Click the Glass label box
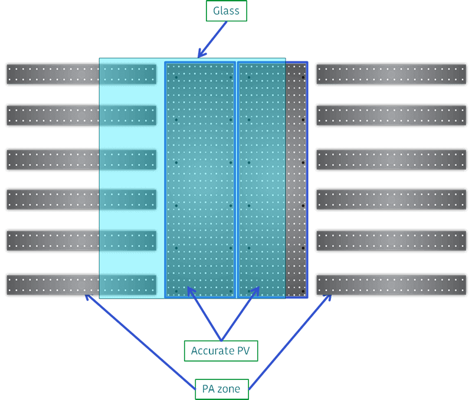tap(226, 11)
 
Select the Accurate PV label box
tap(221, 351)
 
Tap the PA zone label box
tap(221, 389)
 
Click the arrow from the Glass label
tap(212, 40)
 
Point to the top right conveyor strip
tap(391, 74)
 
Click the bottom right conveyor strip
tap(391, 284)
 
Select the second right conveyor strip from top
tap(391, 116)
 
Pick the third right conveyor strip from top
tap(391, 159)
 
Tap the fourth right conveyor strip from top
tap(391, 199)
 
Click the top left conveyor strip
tap(53, 74)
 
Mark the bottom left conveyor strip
tap(53, 284)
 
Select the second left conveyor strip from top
tap(53, 116)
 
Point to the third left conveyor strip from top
tap(53, 159)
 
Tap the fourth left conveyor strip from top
tap(53, 199)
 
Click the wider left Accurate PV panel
tap(200, 177)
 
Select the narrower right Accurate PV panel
tap(261, 177)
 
